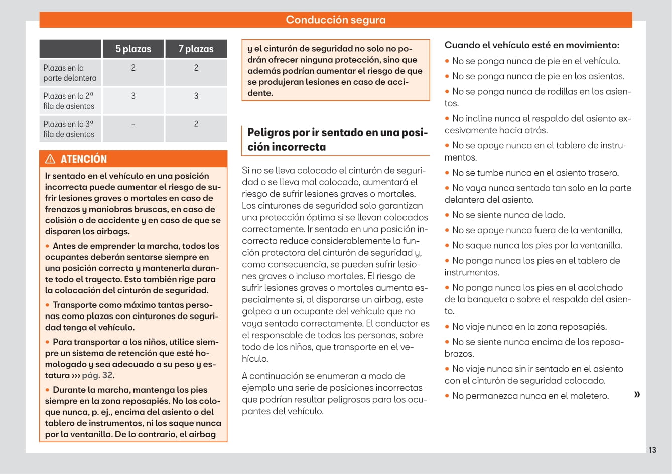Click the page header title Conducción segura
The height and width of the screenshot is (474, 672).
coord(336,20)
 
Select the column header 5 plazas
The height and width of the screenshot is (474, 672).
coord(133,49)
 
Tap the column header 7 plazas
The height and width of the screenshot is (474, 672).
coord(196,49)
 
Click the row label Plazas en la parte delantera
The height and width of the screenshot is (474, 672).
coord(70,73)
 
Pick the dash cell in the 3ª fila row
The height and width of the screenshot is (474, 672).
coord(133,124)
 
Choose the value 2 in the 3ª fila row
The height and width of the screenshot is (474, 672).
coord(196,124)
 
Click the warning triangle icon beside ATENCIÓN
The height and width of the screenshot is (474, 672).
coord(50,159)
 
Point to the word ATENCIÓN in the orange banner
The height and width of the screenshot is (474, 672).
coord(84,159)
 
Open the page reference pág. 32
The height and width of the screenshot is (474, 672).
coord(98,375)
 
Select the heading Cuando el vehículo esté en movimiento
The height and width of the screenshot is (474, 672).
coord(531,45)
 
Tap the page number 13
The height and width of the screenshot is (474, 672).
coord(652,450)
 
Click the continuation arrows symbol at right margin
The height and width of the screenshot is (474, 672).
coord(637,394)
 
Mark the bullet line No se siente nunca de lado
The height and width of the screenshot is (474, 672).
coord(508,215)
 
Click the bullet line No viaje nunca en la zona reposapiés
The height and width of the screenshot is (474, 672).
coord(529,327)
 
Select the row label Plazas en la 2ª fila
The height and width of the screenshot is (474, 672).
coord(69,101)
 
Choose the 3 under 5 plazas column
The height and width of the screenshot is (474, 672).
coord(133,96)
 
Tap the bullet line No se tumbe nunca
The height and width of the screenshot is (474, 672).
coord(535,173)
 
